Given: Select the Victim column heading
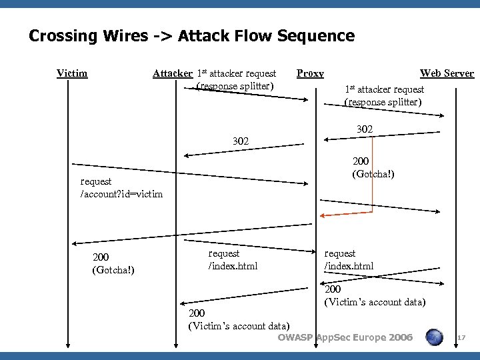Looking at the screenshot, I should (72, 73).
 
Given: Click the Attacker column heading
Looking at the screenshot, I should (173, 73).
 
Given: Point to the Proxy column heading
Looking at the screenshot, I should (310, 73).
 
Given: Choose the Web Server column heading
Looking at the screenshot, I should (447, 73).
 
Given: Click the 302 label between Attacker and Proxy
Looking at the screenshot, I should (241, 141).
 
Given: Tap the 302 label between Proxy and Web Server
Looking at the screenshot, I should (365, 129).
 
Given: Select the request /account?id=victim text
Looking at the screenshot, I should (121, 187).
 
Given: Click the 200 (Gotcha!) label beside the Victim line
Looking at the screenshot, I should (113, 263).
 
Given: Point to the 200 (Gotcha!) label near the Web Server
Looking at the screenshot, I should (373, 167).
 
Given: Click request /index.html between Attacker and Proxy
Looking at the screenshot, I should (233, 260).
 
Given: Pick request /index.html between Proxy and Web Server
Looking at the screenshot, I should (349, 260).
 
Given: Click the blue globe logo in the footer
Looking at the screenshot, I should (435, 338).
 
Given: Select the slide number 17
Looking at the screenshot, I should (461, 339).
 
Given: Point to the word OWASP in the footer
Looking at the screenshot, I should (295, 337).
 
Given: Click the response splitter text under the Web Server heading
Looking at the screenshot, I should (383, 102).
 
